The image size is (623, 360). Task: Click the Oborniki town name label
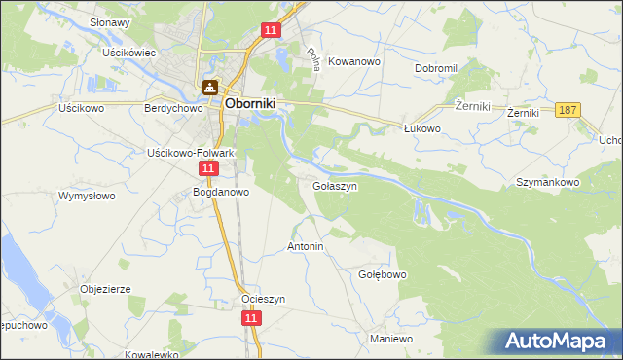pyautogui.click(x=253, y=101)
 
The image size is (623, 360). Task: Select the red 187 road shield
pyautogui.click(x=568, y=111)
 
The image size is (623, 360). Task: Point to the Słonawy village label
pyautogui.click(x=110, y=22)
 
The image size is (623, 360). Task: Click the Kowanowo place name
pyautogui.click(x=353, y=60)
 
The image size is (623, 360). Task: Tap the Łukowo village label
pyautogui.click(x=422, y=127)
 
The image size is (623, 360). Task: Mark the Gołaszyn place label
pyautogui.click(x=336, y=185)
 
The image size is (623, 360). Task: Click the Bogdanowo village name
pyautogui.click(x=222, y=192)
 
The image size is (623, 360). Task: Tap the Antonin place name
pyautogui.click(x=305, y=247)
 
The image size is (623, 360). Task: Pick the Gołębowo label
pyautogui.click(x=383, y=274)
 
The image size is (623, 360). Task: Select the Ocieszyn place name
pyautogui.click(x=264, y=299)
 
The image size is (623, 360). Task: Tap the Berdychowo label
pyautogui.click(x=172, y=109)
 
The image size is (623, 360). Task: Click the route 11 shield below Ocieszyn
pyautogui.click(x=251, y=318)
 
